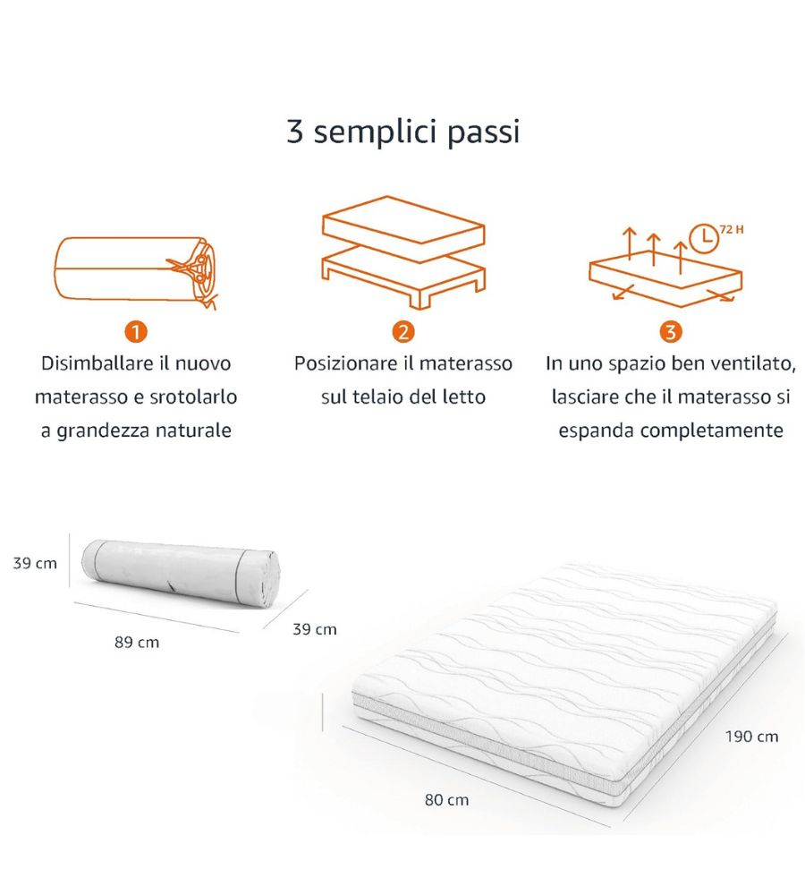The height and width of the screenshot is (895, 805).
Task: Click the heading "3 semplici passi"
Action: [402, 132]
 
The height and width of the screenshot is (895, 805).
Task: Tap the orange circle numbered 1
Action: [136, 332]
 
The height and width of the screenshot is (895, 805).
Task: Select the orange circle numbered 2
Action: [403, 332]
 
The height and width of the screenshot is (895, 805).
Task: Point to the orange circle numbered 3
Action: [670, 332]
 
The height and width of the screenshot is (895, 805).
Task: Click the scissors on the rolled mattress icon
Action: [191, 267]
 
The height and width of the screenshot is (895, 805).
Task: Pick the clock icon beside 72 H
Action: [704, 238]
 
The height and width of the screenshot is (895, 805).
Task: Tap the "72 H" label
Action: [732, 229]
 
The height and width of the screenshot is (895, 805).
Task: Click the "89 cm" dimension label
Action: [137, 642]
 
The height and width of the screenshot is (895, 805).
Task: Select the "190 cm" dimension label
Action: [752, 737]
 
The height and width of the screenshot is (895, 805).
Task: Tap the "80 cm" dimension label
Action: [446, 799]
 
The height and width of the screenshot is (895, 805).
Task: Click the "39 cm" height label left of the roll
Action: [35, 563]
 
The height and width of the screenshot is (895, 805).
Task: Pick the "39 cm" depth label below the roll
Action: [314, 629]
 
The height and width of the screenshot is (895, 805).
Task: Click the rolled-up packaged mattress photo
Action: [181, 573]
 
